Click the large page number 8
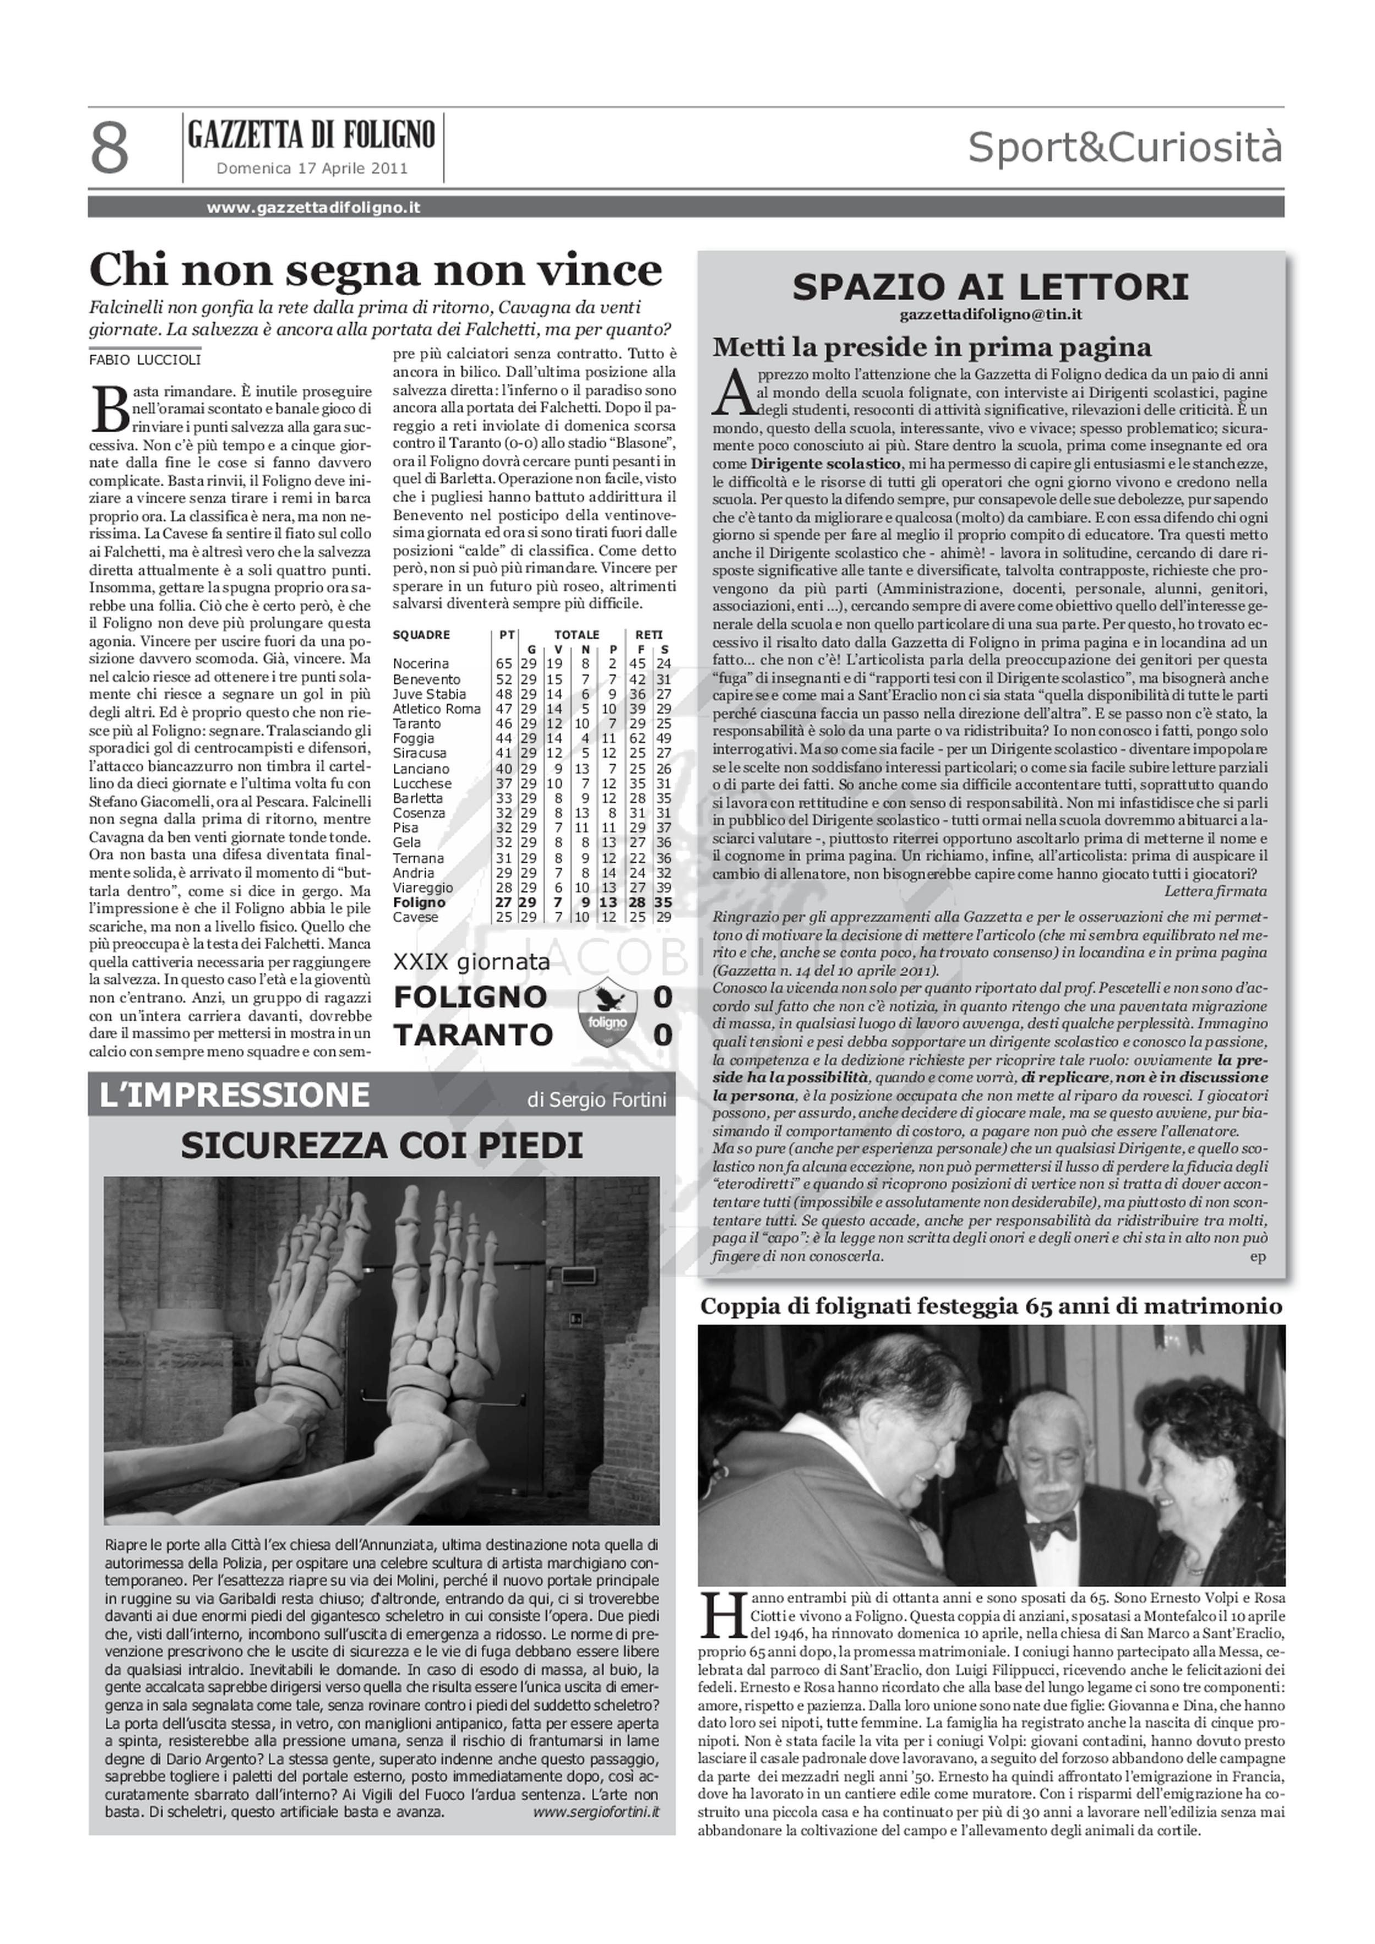(x=110, y=148)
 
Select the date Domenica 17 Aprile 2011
(x=312, y=168)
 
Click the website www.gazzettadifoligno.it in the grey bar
(x=313, y=207)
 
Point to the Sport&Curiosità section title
(x=1124, y=147)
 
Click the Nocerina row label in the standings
(x=421, y=664)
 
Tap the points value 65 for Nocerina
(x=504, y=664)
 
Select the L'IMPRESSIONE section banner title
(x=234, y=1095)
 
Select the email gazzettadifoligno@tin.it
(x=991, y=314)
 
